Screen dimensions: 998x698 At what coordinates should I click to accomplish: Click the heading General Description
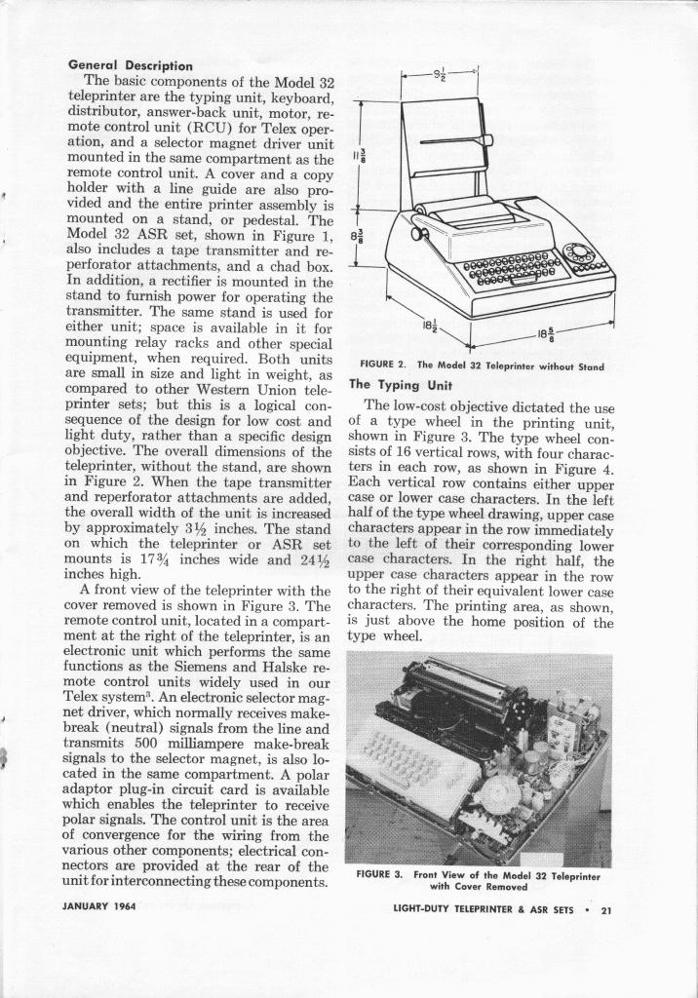[130, 65]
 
